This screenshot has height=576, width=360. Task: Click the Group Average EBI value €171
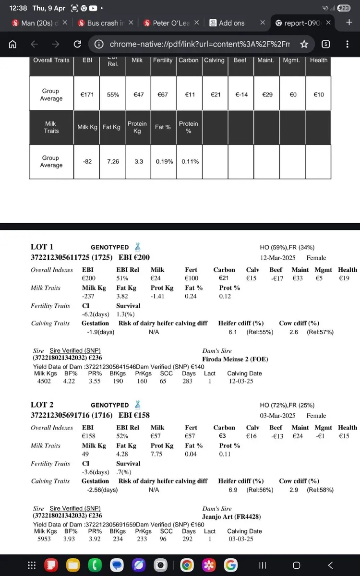(x=87, y=95)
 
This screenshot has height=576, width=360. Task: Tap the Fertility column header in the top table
(x=163, y=60)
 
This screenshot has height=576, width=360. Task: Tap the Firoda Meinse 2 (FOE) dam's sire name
(x=235, y=359)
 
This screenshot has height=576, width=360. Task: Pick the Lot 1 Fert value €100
(x=191, y=278)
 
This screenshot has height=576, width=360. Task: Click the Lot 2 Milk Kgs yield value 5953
(x=44, y=539)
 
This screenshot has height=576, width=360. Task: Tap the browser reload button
(x=77, y=44)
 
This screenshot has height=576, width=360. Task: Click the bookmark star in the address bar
(x=303, y=44)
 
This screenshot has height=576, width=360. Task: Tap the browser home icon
(x=13, y=44)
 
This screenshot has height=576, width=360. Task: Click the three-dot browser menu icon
(x=347, y=44)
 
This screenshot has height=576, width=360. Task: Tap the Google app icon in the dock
(x=231, y=565)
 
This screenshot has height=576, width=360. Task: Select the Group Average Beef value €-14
(x=241, y=95)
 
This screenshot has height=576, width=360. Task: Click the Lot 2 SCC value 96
(x=167, y=539)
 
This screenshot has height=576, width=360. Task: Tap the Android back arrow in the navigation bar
(x=330, y=565)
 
